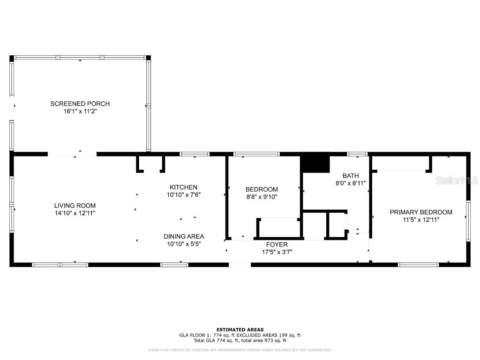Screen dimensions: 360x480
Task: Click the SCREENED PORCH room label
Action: [80, 104]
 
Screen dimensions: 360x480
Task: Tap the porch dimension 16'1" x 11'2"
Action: [80, 112]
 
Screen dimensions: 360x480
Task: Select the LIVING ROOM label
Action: [75, 205]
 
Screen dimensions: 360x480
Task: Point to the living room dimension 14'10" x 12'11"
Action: [75, 213]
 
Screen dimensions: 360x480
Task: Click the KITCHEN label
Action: [183, 187]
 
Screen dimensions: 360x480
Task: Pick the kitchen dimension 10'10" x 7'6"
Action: [183, 195]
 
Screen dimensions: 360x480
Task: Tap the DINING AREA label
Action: [183, 236]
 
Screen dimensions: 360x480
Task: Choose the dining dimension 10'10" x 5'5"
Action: [183, 244]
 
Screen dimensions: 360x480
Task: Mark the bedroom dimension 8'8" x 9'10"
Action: [262, 197]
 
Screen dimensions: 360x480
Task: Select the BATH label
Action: [351, 176]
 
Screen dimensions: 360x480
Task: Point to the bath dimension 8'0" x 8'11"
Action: [351, 183]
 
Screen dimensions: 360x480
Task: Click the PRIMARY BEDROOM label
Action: [421, 212]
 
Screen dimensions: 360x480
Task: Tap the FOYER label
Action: [277, 245]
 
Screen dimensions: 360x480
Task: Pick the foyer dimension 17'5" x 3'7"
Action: [277, 252]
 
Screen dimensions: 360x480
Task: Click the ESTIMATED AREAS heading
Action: [240, 330]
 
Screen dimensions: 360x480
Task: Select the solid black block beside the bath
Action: [315, 164]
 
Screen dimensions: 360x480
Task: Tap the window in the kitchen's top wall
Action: [195, 154]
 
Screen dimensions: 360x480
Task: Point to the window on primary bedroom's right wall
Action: [467, 220]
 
